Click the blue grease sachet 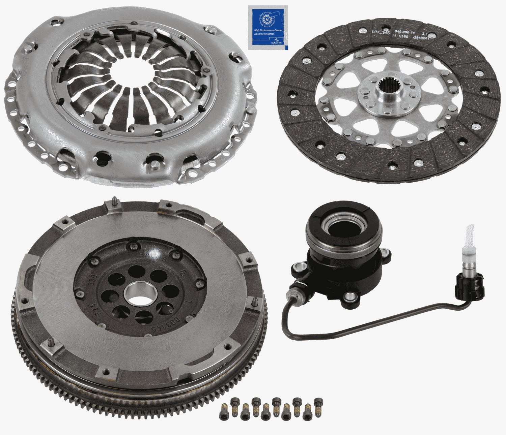[x=268, y=28]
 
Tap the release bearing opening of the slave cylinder [x=343, y=229]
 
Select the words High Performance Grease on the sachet [x=268, y=30]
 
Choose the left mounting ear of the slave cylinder [x=299, y=268]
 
